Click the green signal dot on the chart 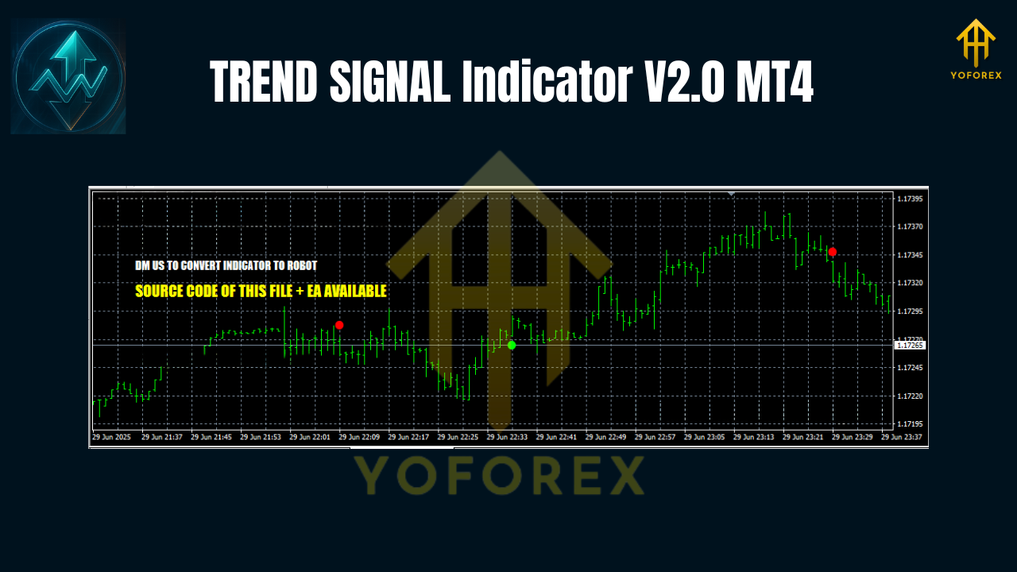(x=512, y=345)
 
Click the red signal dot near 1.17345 (x=832, y=252)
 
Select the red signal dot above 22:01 (x=339, y=325)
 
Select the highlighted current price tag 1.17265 (x=909, y=346)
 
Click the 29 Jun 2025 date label (x=112, y=437)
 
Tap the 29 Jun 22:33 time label (x=508, y=437)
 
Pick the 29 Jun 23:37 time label (x=902, y=437)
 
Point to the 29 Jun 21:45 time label (x=211, y=437)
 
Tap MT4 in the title (x=770, y=82)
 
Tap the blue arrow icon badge (x=68, y=77)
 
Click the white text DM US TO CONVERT (x=226, y=265)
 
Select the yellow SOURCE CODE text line (x=261, y=292)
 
